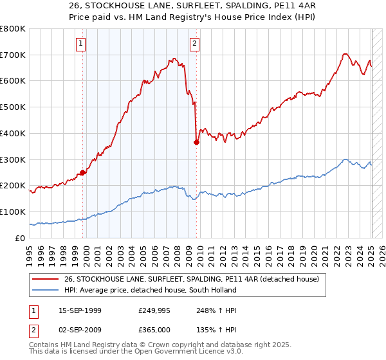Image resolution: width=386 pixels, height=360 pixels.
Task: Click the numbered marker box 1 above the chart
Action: tap(81, 44)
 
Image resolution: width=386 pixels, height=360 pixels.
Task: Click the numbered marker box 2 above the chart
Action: tap(194, 44)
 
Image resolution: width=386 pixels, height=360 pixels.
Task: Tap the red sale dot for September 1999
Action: tap(83, 172)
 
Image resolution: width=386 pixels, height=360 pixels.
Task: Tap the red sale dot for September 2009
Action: tap(196, 143)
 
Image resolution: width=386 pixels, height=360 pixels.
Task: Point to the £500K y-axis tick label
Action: tap(13, 107)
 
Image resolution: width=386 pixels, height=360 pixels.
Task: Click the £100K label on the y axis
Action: tap(13, 212)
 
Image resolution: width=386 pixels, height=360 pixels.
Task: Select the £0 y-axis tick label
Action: tap(19, 238)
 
